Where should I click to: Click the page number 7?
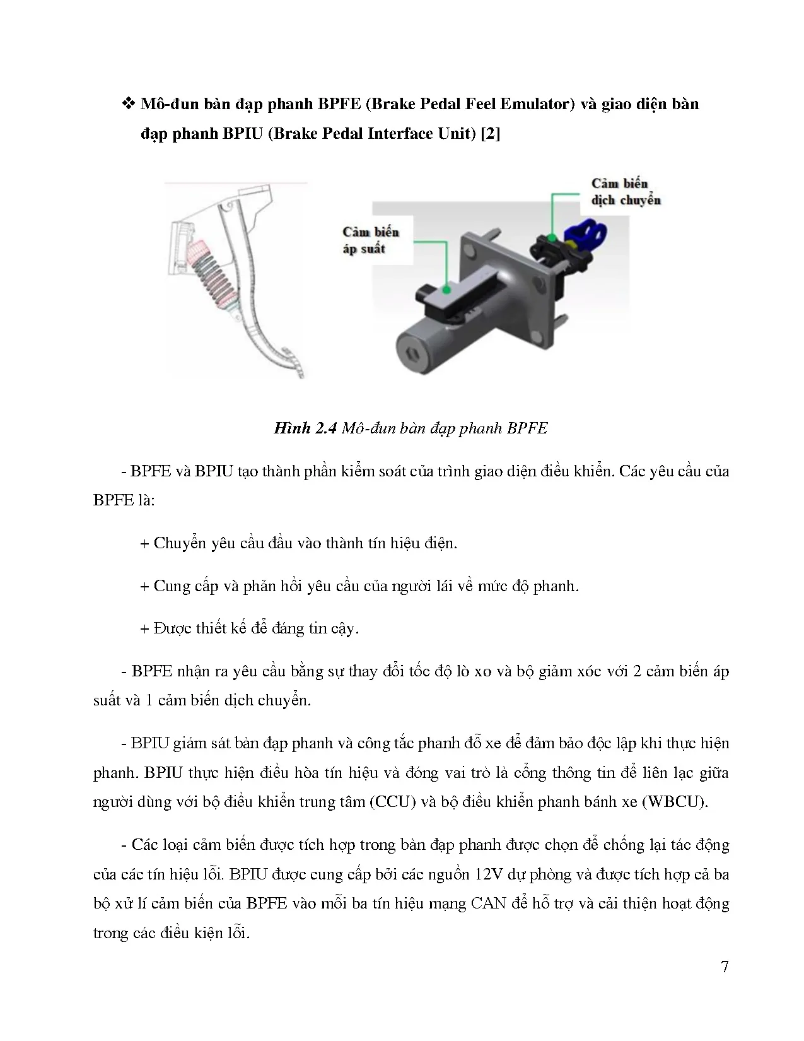coord(725,967)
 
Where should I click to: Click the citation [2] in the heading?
coord(489,134)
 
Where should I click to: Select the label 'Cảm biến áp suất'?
coord(371,240)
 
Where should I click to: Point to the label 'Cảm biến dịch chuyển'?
coord(626,192)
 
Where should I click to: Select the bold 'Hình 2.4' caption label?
coord(305,428)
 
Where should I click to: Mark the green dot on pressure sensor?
coord(446,290)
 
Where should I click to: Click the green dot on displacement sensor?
coord(552,238)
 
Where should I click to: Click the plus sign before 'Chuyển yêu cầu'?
coord(144,543)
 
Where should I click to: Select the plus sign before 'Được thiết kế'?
coord(144,628)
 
